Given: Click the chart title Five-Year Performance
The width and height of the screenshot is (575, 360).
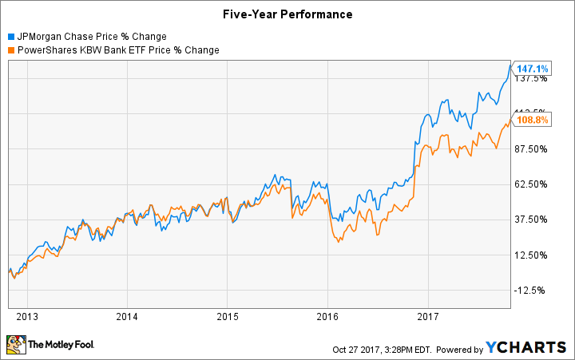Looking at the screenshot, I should [x=287, y=14].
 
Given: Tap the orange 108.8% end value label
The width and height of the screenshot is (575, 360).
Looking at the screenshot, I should [x=533, y=120].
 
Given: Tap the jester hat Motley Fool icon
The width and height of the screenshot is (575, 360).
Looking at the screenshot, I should [x=16, y=345].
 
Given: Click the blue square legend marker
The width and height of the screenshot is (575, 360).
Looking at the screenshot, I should [x=10, y=37].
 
